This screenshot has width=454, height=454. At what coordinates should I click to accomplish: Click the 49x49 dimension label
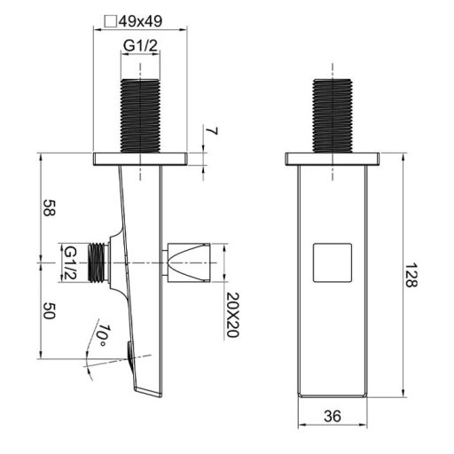141,21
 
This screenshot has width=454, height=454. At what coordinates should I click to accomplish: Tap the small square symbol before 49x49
111,21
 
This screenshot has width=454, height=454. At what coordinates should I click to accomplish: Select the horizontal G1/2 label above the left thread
140,45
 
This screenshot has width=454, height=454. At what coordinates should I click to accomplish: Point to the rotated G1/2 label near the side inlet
71,262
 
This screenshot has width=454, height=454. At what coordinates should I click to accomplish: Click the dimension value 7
212,130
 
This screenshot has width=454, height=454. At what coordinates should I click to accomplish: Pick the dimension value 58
49,207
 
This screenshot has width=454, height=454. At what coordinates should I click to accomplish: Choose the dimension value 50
49,311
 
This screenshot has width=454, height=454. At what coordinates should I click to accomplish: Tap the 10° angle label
103,335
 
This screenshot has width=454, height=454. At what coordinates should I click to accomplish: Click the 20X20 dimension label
232,315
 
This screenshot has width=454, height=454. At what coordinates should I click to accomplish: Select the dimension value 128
411,275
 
